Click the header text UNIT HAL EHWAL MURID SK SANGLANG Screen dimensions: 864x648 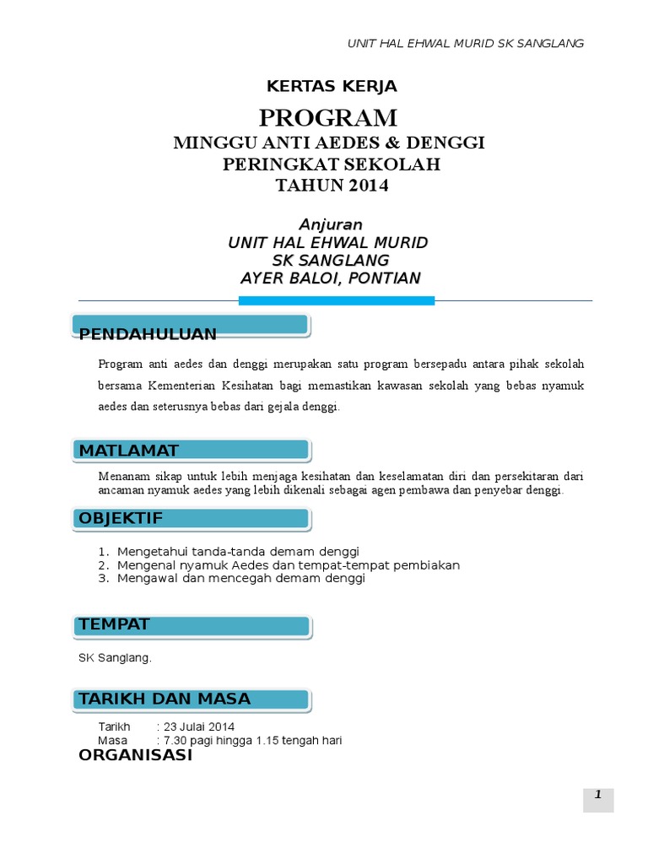point(466,44)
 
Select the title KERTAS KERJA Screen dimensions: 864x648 point(332,86)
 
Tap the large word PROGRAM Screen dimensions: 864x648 point(328,117)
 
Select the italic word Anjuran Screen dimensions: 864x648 point(331,224)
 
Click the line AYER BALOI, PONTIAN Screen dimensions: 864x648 point(330,278)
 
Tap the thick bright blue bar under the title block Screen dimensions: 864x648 point(336,300)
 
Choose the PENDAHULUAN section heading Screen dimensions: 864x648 point(148,335)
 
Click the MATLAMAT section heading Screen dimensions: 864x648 point(129,451)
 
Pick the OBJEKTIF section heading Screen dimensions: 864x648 point(121,517)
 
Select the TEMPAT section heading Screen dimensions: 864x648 point(114,624)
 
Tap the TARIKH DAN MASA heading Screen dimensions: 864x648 point(165,699)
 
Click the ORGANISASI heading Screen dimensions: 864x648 point(135,755)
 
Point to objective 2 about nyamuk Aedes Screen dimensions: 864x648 point(289,565)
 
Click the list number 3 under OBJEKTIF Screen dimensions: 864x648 point(103,579)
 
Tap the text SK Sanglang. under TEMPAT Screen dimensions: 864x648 point(115,658)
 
